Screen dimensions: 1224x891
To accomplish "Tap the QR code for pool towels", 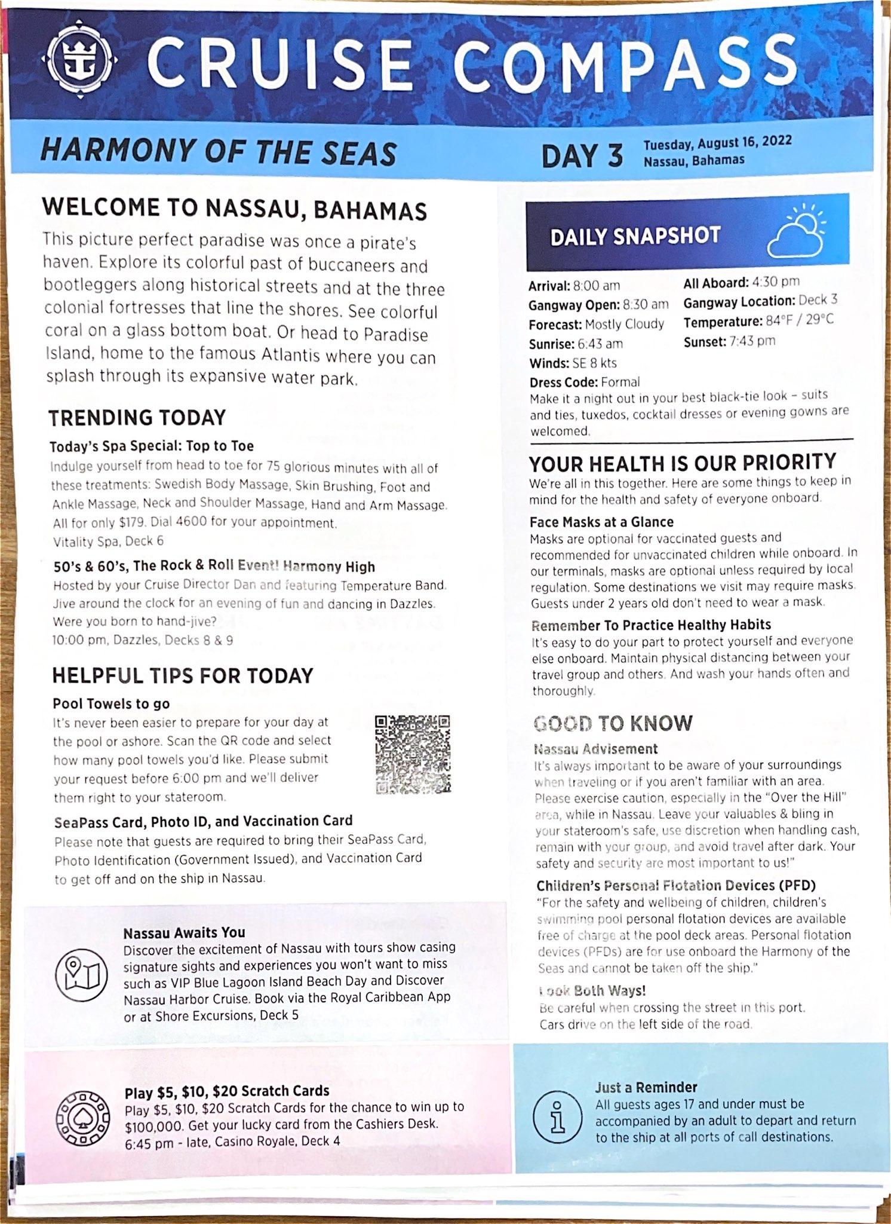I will (x=413, y=754).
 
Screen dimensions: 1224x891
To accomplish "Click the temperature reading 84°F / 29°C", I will (x=800, y=321).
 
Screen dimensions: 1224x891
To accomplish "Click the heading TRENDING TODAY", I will (x=137, y=417).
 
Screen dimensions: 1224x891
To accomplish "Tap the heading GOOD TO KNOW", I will (x=613, y=723).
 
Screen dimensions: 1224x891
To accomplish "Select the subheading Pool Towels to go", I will (x=111, y=703).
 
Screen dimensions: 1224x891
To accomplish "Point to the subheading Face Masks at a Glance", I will (x=601, y=522).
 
